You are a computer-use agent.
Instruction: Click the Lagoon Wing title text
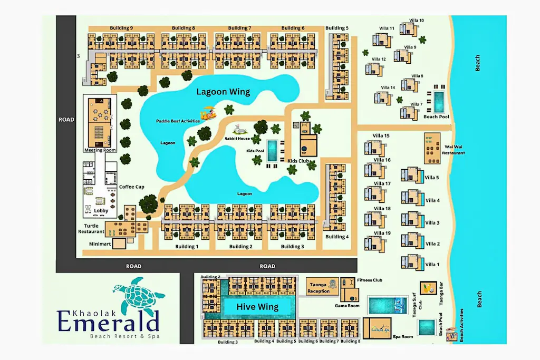click(x=223, y=92)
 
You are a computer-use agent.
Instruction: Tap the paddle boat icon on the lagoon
click(x=209, y=113)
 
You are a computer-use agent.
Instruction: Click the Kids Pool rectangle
click(x=272, y=151)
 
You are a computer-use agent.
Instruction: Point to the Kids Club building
click(x=308, y=143)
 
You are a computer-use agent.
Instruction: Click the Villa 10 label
click(x=418, y=21)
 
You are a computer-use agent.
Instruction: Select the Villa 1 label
click(x=432, y=265)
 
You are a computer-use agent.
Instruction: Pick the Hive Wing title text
click(x=257, y=307)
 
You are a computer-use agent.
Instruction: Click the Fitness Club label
click(x=369, y=280)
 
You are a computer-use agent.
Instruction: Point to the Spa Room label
click(x=403, y=336)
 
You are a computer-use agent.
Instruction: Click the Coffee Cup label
click(x=131, y=187)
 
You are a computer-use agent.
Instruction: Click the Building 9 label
click(x=121, y=28)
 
